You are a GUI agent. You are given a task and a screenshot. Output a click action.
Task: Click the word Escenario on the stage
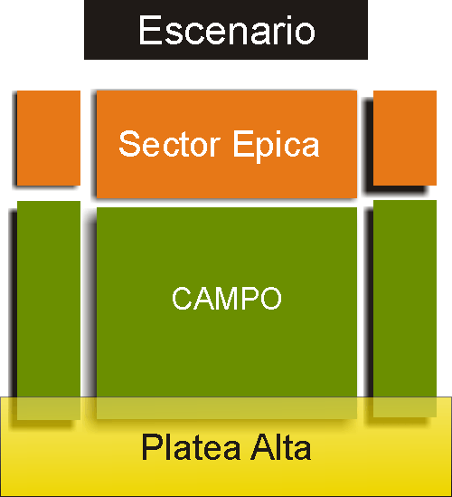tap(227, 31)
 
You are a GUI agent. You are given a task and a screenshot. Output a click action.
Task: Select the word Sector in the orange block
tap(169, 144)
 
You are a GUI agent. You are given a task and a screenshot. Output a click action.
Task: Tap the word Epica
tap(276, 147)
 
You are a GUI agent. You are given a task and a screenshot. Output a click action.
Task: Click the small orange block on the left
tap(49, 138)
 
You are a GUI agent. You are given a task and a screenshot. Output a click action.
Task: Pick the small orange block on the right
tap(405, 138)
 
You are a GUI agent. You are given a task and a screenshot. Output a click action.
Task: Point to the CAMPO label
tap(227, 298)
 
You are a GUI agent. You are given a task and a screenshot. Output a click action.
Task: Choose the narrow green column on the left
tap(49, 311)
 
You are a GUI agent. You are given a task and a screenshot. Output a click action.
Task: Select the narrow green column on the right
tap(405, 309)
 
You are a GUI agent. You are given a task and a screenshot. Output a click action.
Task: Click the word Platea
tap(191, 446)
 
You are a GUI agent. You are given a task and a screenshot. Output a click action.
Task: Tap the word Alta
tap(281, 446)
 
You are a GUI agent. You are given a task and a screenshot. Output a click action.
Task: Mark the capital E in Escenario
tap(150, 31)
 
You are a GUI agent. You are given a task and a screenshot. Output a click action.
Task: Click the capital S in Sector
tap(129, 144)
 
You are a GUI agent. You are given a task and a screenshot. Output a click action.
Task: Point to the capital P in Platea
tap(152, 446)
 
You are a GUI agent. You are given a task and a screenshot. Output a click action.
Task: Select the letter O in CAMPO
tap(270, 298)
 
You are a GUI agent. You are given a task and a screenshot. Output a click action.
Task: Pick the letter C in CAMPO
tap(182, 298)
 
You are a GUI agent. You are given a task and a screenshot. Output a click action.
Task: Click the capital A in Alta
tap(262, 446)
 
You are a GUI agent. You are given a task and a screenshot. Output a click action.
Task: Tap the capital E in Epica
tap(243, 144)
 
